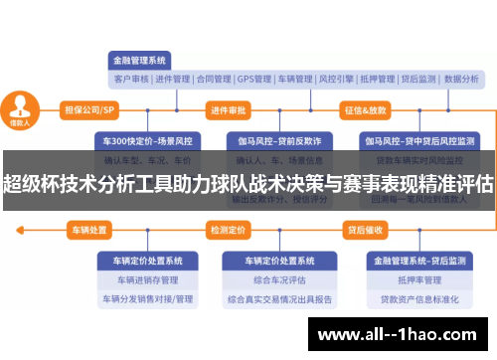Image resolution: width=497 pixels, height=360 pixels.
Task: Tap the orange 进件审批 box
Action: (x=229, y=109)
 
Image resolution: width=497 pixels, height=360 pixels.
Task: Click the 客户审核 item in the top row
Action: (x=130, y=78)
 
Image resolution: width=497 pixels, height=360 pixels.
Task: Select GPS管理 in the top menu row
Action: (x=254, y=78)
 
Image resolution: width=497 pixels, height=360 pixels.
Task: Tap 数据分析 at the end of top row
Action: (x=463, y=78)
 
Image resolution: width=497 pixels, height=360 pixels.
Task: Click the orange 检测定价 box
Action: (x=228, y=230)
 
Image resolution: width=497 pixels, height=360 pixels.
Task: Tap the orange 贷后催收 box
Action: (x=365, y=230)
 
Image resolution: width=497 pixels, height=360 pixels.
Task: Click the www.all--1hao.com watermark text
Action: (x=407, y=333)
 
